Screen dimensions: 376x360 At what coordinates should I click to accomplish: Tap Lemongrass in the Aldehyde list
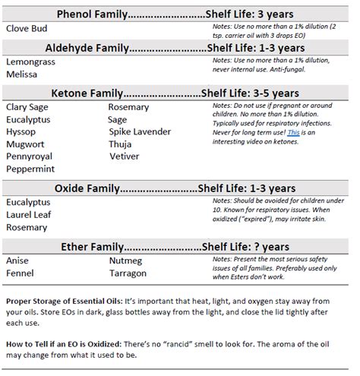30,63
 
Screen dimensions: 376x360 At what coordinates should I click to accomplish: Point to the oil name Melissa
21,76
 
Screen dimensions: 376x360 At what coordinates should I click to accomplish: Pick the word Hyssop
21,131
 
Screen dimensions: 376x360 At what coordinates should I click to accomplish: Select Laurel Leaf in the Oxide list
28,215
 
